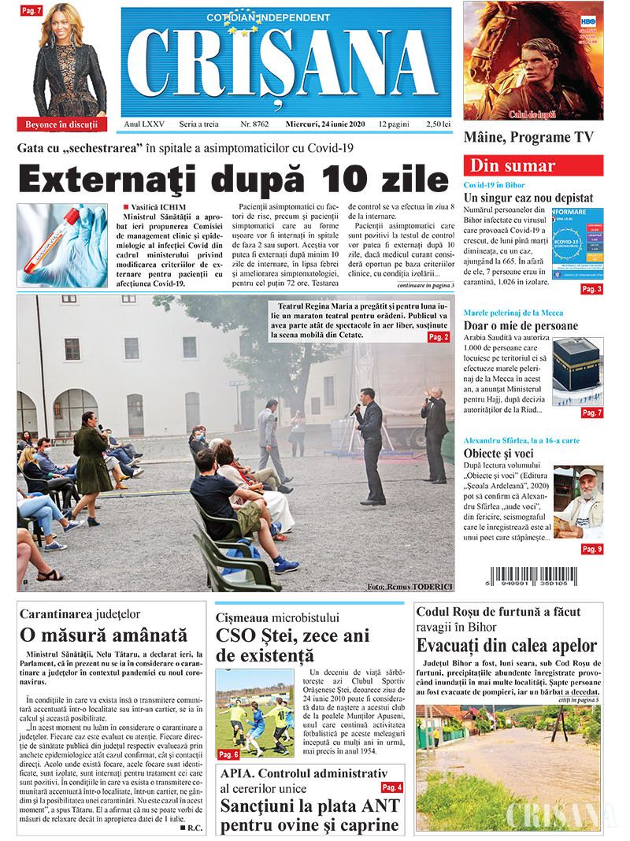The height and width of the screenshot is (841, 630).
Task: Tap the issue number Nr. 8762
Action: [x=254, y=124]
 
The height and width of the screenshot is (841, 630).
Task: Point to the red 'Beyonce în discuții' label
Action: [x=61, y=124]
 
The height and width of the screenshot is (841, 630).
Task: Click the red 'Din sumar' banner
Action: [x=533, y=166]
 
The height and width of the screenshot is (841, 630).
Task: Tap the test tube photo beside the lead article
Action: [x=61, y=245]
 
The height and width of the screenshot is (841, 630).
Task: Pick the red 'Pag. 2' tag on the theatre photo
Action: [x=439, y=337]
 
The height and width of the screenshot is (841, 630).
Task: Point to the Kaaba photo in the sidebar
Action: [x=578, y=371]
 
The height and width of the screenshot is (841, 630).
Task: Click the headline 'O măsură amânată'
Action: [x=104, y=635]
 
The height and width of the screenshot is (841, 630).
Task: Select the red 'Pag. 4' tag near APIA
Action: [x=391, y=787]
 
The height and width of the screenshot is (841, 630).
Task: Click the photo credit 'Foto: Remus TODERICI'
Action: [x=409, y=586]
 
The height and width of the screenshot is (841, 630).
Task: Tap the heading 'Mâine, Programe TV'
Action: [x=528, y=137]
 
